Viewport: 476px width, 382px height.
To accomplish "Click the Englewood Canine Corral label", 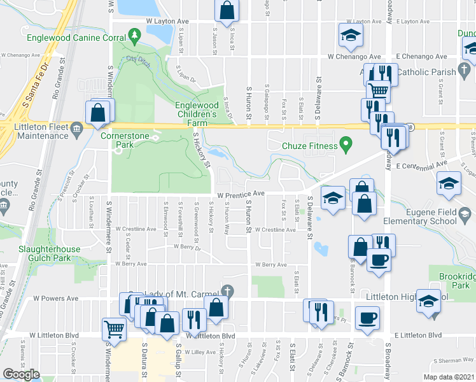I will click(76, 38).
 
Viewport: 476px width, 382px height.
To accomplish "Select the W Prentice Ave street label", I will click(241, 194).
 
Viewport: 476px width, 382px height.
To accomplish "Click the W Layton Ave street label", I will click(168, 21).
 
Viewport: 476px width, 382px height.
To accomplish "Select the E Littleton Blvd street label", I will click(418, 335).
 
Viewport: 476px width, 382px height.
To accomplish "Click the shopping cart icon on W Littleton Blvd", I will click(114, 329).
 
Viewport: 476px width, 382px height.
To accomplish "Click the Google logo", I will click(21, 374).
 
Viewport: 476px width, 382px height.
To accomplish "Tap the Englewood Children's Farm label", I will click(197, 110).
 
